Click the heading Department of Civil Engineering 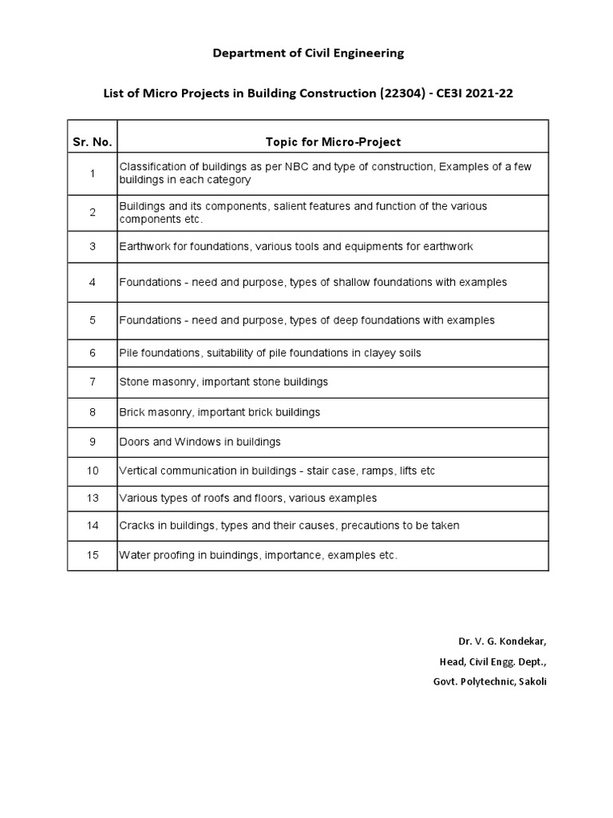[x=308, y=54]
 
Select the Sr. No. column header [x=93, y=142]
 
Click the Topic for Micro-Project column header [x=333, y=142]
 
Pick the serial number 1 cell [x=93, y=173]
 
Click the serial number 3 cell [x=93, y=247]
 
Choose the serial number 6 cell [x=93, y=353]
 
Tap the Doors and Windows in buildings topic [x=200, y=442]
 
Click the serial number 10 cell [x=93, y=471]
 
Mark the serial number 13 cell [x=93, y=498]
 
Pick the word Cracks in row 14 [x=136, y=526]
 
